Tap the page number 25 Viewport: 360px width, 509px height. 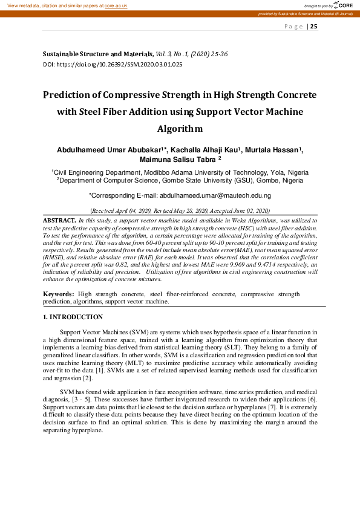pos(313,26)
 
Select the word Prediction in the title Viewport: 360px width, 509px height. pos(67,95)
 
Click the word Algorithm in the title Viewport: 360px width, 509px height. pos(180,129)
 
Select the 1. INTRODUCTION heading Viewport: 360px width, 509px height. pos(73,317)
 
